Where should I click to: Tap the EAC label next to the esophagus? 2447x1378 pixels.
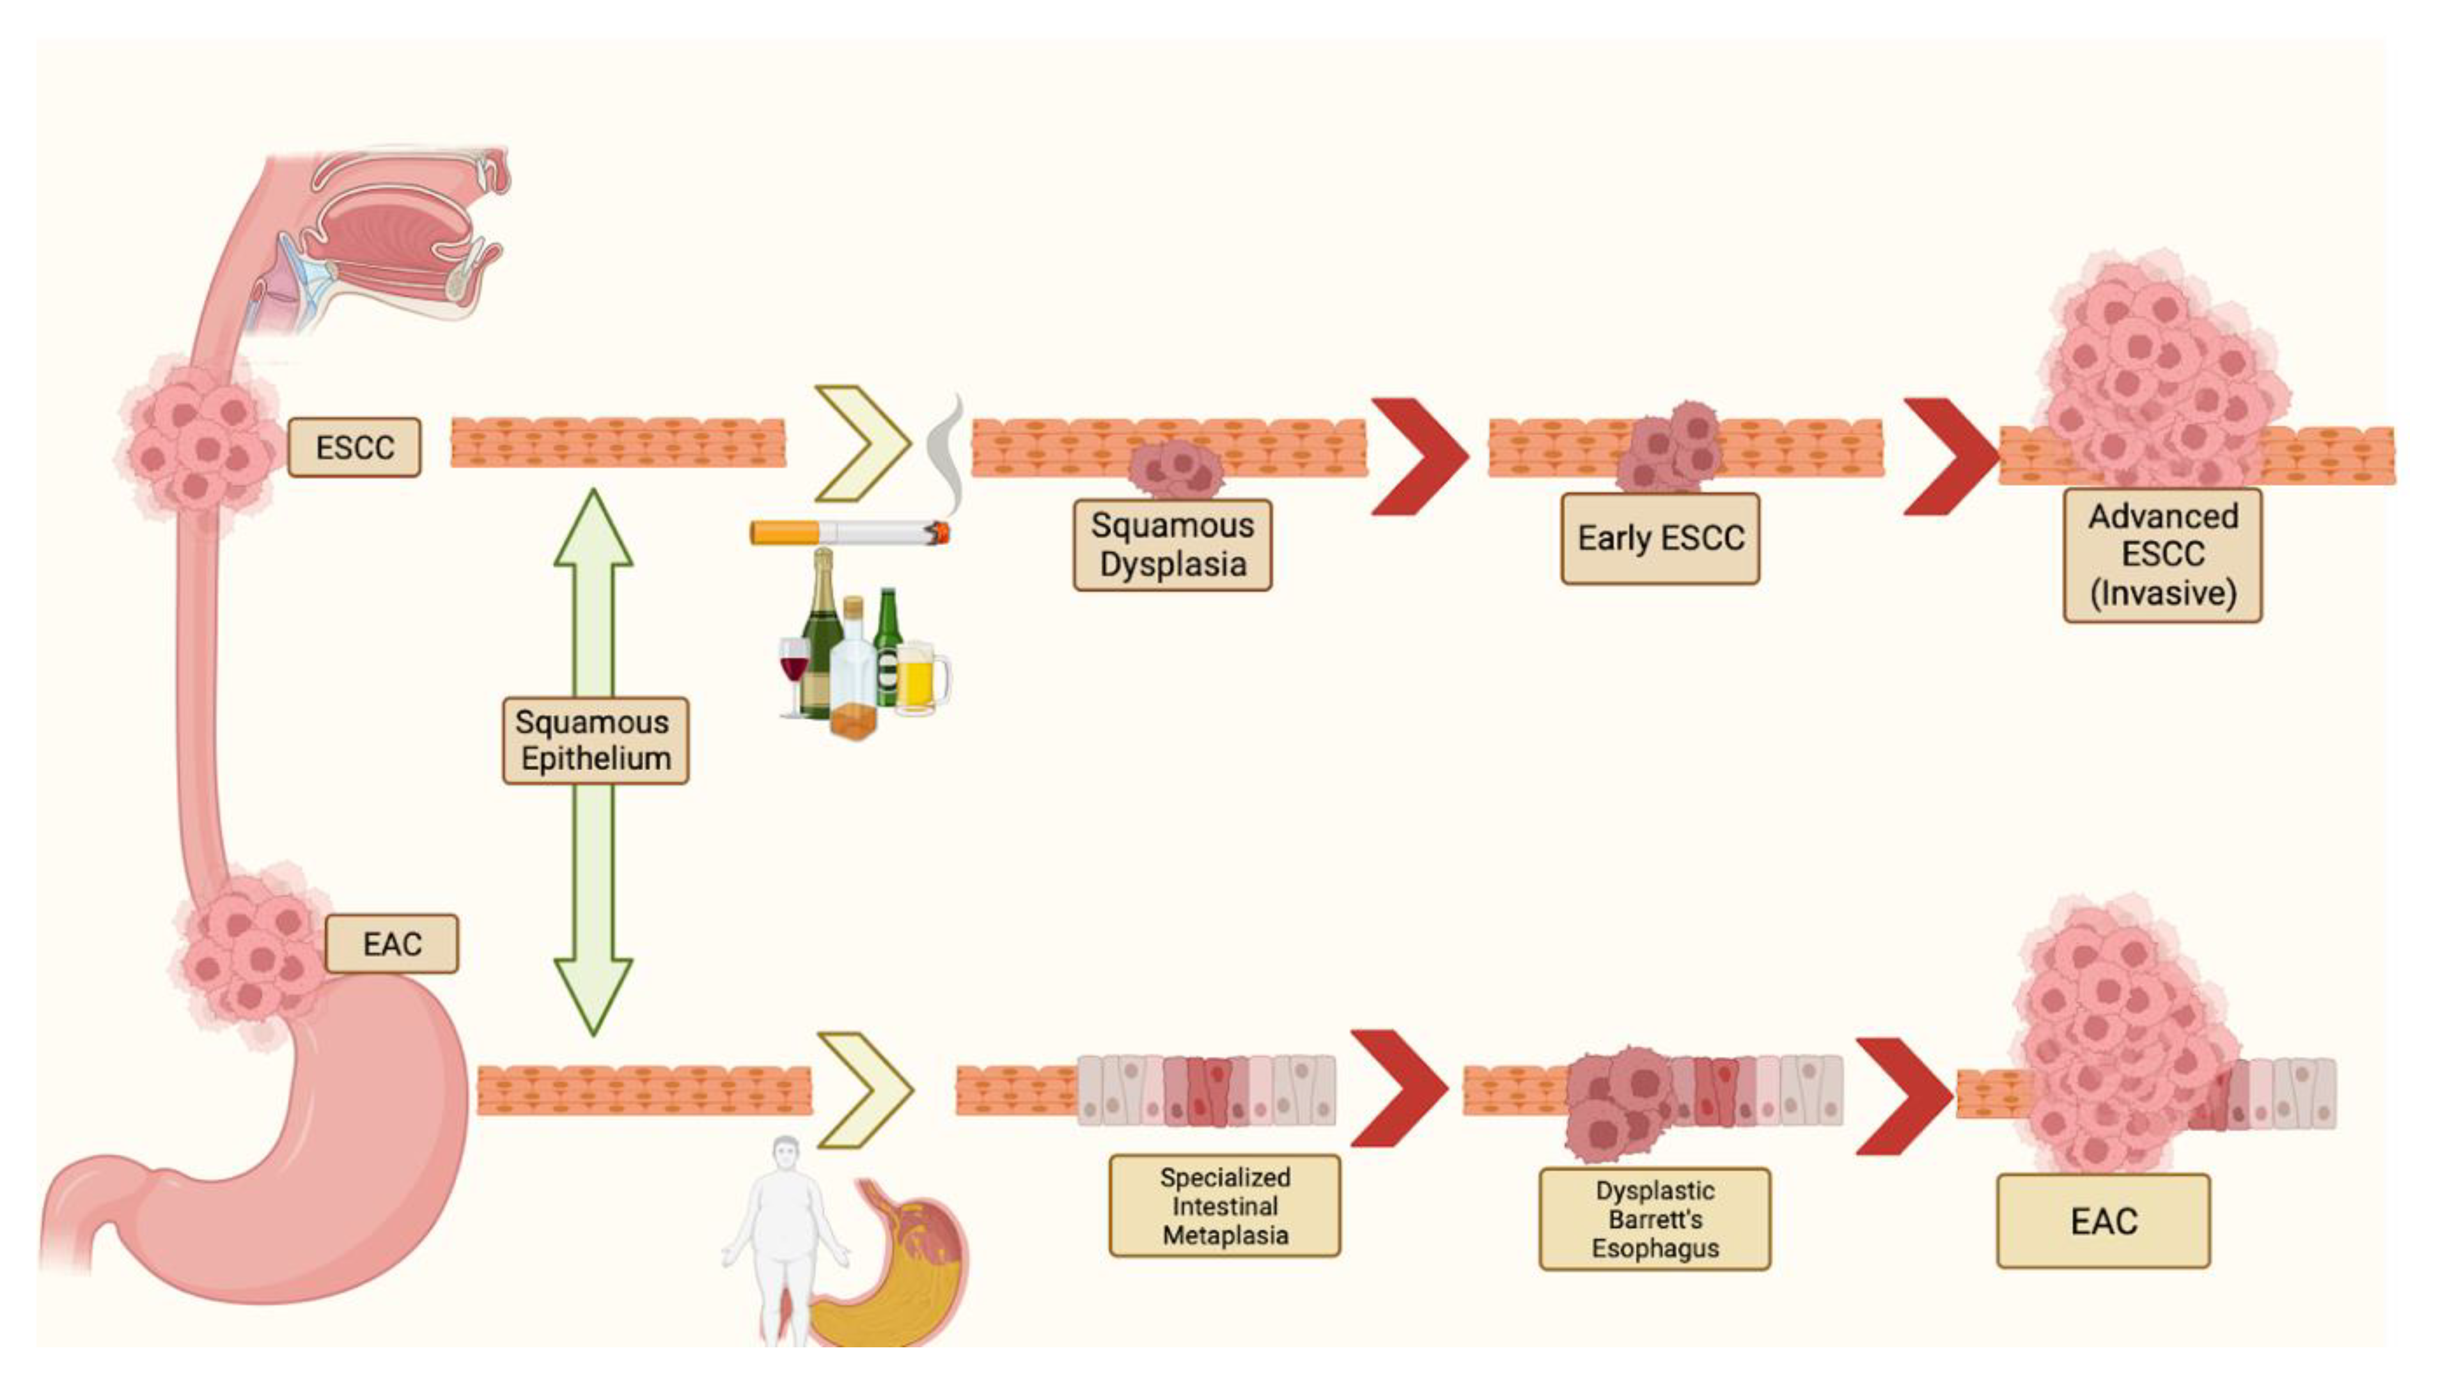(391, 944)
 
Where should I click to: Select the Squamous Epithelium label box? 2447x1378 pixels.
(595, 741)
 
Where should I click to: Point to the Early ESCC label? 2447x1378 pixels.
(1661, 538)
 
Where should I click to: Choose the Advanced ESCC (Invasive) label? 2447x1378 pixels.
(2163, 555)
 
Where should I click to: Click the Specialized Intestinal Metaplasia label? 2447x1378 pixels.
(1225, 1206)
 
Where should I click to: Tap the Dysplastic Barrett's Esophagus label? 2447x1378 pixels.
(1655, 1219)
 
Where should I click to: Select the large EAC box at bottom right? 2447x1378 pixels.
(2103, 1221)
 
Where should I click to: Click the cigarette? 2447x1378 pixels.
(850, 532)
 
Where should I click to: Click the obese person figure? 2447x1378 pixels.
(785, 1239)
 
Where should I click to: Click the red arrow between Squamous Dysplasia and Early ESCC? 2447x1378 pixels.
(1419, 456)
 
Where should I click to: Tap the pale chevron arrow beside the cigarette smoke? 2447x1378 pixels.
(863, 442)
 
